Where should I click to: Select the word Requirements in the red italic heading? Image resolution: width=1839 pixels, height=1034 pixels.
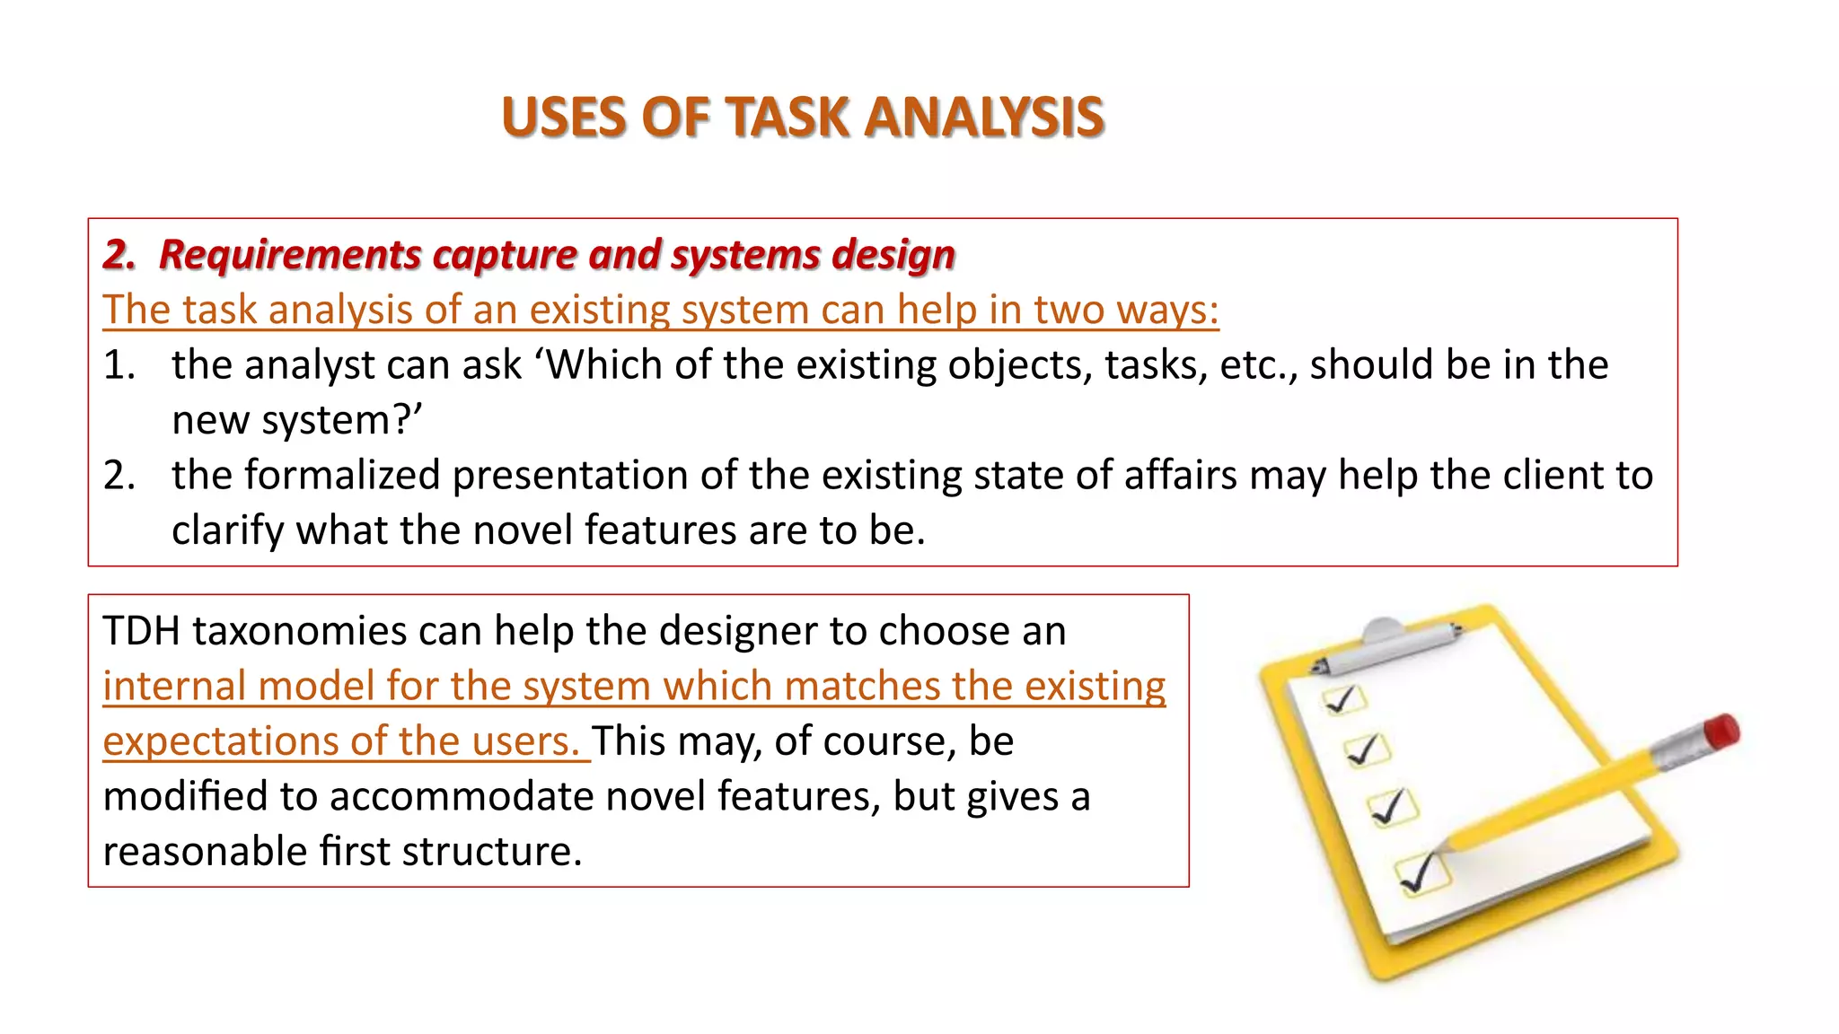click(290, 255)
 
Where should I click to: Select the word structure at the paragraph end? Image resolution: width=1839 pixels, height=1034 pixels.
click(492, 852)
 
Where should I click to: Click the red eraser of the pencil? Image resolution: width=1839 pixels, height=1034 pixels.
click(1721, 732)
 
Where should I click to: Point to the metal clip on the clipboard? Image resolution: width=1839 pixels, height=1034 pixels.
click(1387, 644)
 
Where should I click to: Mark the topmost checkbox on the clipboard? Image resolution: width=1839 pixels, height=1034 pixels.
click(1343, 699)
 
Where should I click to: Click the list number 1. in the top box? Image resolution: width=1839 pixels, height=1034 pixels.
click(119, 365)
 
